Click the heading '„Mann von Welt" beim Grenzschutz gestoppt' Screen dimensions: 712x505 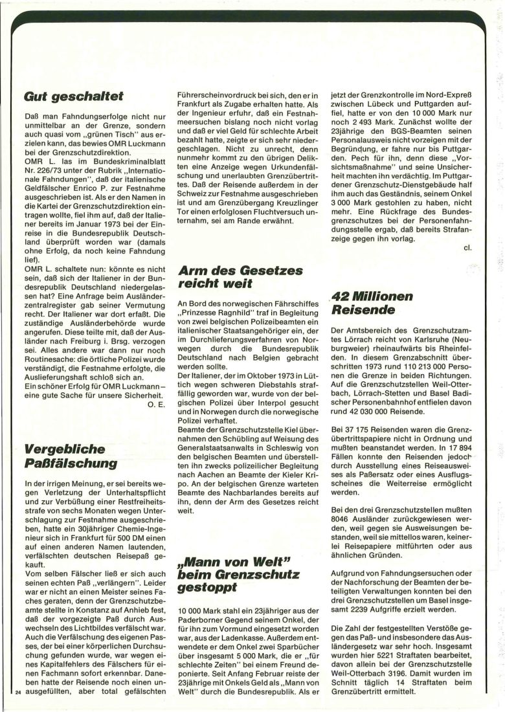tap(238, 574)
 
